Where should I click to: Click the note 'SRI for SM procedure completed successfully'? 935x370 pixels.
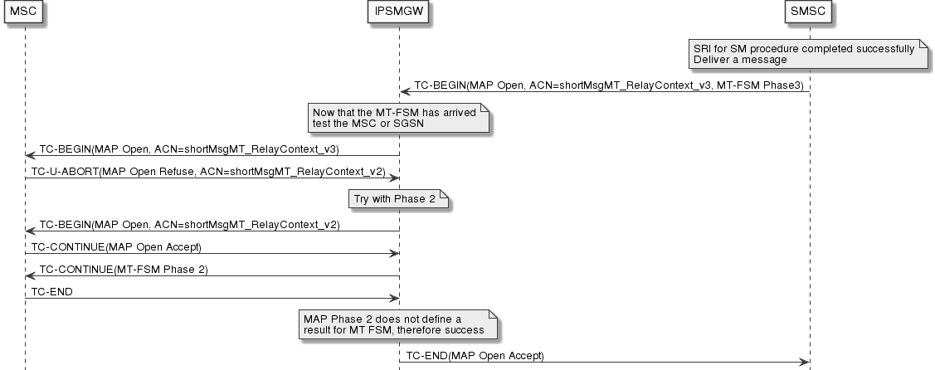pos(804,48)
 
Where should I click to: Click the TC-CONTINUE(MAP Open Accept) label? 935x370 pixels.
pos(116,247)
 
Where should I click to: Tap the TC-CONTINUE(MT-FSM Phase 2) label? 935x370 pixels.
pos(124,270)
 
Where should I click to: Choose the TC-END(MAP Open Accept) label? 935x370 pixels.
pos(475,356)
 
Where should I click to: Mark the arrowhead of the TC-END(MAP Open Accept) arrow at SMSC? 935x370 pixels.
pos(804,362)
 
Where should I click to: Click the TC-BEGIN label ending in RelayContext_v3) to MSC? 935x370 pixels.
pos(190,148)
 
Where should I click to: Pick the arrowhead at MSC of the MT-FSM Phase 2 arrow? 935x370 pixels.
pos(30,275)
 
